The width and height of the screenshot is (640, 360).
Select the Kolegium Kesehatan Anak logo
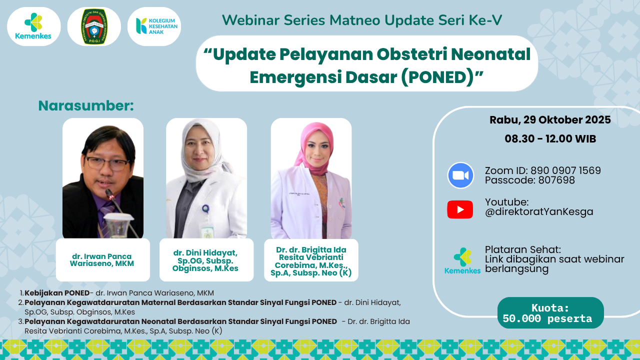(x=154, y=26)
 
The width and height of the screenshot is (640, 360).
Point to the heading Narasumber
(x=86, y=105)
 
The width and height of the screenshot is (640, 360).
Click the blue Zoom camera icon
(x=460, y=175)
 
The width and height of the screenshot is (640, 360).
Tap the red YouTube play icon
(x=460, y=209)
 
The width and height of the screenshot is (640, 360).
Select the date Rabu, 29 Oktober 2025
(x=550, y=120)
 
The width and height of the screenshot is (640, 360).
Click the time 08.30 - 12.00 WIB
(x=550, y=139)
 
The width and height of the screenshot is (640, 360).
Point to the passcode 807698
(x=556, y=180)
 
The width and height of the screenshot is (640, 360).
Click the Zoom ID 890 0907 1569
(x=565, y=170)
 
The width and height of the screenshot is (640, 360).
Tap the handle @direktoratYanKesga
(x=539, y=211)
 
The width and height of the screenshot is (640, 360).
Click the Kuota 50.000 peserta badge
(x=550, y=313)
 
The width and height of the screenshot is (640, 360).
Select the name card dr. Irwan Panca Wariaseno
(x=102, y=260)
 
